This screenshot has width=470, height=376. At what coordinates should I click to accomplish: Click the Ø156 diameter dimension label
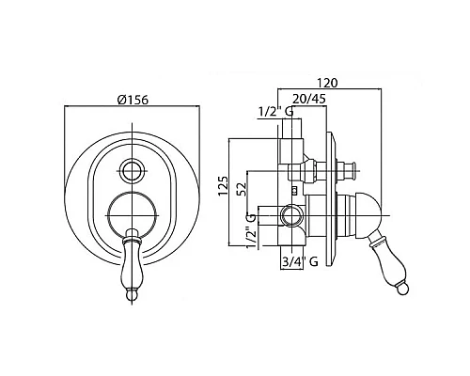point(133,100)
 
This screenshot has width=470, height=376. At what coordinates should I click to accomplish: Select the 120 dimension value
point(327,83)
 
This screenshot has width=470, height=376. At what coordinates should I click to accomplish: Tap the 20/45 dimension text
point(309,99)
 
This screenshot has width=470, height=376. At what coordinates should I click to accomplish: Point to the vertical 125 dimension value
point(223,186)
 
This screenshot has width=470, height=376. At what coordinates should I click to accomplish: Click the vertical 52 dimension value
point(242,189)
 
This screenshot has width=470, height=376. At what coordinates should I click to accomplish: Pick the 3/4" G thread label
point(300,261)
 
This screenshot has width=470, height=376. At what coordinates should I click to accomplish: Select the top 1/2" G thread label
point(275,112)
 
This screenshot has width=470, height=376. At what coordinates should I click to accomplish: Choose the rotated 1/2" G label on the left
point(252,230)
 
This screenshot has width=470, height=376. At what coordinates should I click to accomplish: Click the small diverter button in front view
point(133,171)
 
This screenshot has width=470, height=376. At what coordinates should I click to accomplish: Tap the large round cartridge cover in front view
point(132,215)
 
